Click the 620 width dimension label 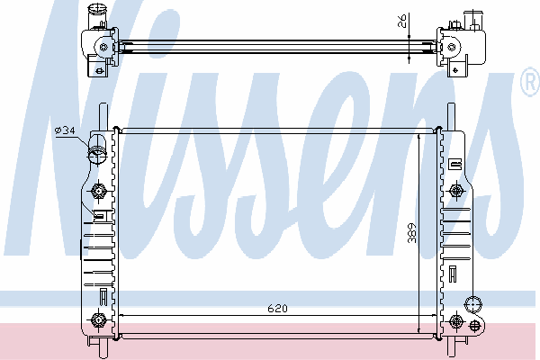pyautogui.click(x=277, y=309)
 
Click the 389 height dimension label pyautogui.click(x=412, y=233)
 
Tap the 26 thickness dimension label pyautogui.click(x=402, y=21)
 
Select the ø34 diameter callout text pyautogui.click(x=65, y=130)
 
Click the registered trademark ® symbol pyautogui.click(x=530, y=81)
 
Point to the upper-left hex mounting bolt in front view pyautogui.click(x=99, y=191)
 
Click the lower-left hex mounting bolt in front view pyautogui.click(x=98, y=320)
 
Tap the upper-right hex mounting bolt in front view pyautogui.click(x=456, y=190)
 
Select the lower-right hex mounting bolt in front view pyautogui.click(x=456, y=321)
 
